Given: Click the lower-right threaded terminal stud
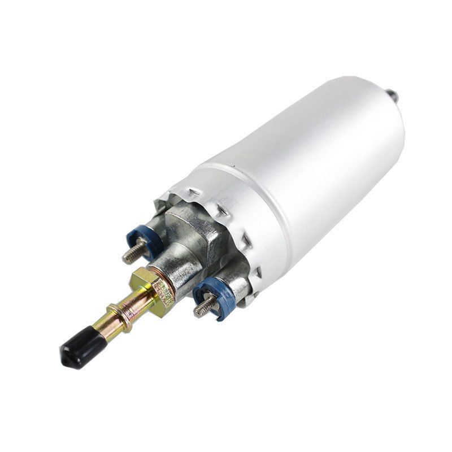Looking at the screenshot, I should click(206, 306).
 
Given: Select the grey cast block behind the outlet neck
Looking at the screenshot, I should click(195, 226).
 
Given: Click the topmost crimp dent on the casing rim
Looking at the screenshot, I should click(194, 192).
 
